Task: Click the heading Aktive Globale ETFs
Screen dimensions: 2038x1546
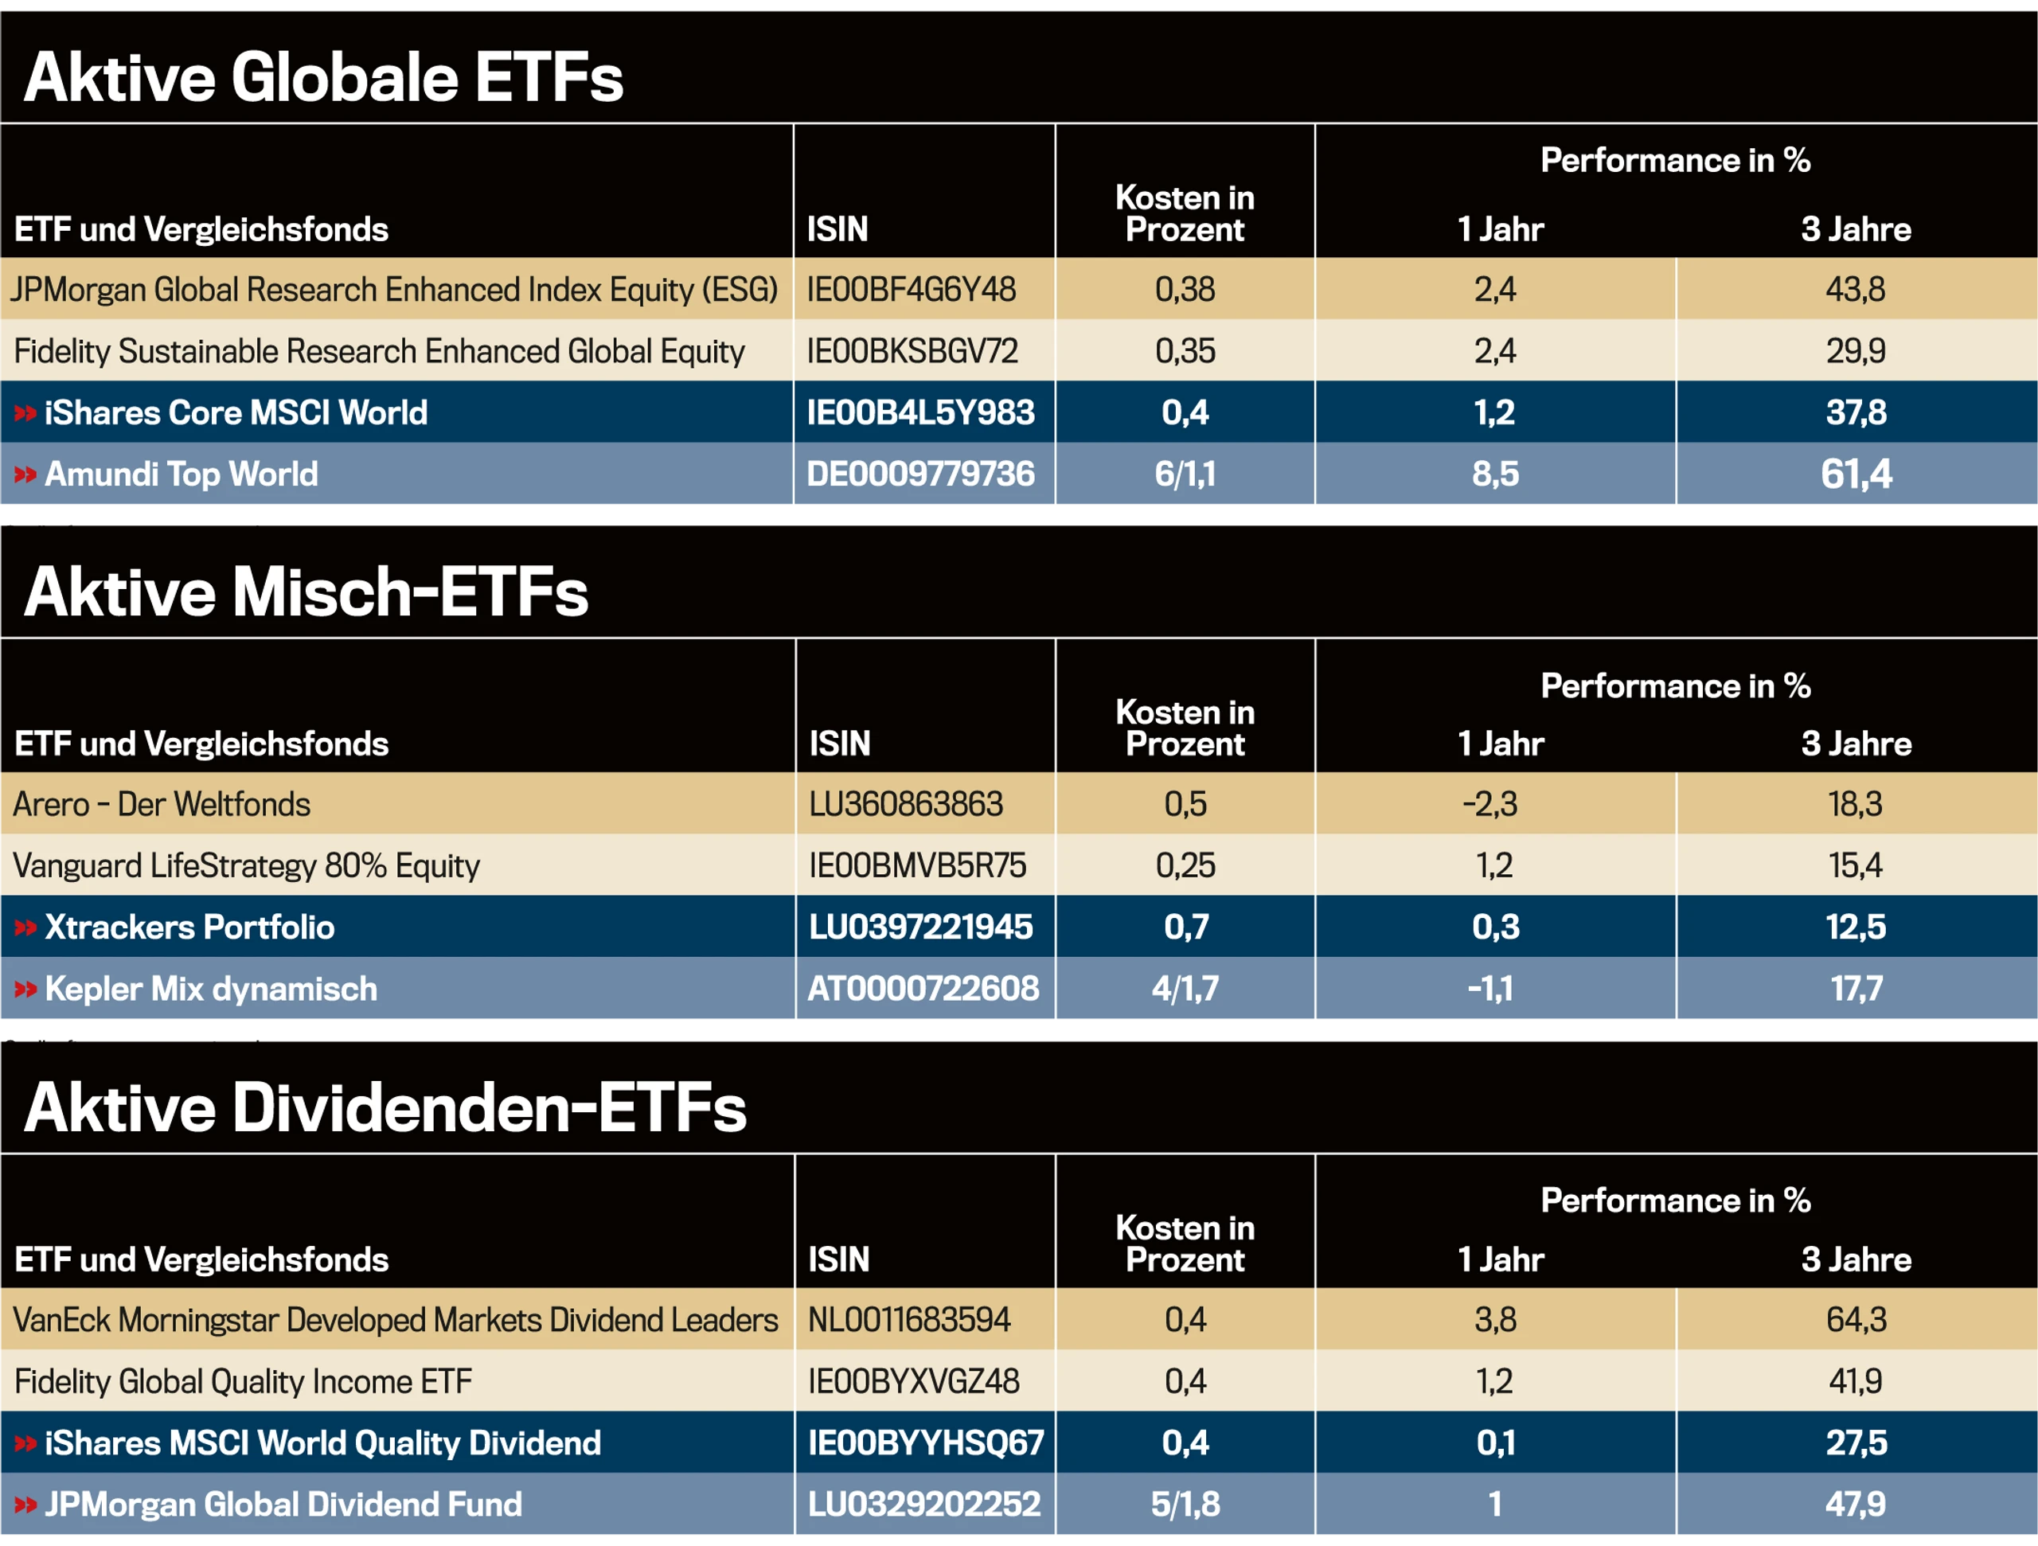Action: tap(323, 76)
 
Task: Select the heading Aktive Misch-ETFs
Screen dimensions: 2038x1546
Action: tap(306, 591)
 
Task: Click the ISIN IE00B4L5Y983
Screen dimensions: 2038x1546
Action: tap(920, 412)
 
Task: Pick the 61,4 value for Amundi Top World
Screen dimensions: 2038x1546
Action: tap(1856, 474)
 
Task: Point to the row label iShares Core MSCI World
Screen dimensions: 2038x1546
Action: tap(236, 412)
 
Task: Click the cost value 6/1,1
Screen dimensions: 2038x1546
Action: tap(1185, 474)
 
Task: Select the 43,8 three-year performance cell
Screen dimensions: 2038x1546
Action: tap(1856, 289)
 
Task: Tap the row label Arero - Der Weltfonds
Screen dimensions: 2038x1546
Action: tap(162, 804)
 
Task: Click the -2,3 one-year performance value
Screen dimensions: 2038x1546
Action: tap(1489, 804)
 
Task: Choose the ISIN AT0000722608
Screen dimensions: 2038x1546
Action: tap(923, 989)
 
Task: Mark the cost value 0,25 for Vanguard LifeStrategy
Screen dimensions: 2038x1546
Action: tap(1185, 865)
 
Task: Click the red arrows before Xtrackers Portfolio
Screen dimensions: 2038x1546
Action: tap(25, 927)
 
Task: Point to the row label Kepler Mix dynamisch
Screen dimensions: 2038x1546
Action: tap(211, 989)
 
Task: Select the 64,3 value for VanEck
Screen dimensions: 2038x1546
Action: tap(1856, 1320)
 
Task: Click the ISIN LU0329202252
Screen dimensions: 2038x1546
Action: tap(924, 1505)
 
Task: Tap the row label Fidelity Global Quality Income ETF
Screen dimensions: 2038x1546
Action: tap(244, 1381)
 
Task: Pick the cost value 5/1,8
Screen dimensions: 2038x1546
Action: tap(1185, 1505)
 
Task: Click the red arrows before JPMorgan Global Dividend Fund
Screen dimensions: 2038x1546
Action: tap(25, 1505)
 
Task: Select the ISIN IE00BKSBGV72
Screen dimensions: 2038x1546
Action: tap(912, 351)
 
